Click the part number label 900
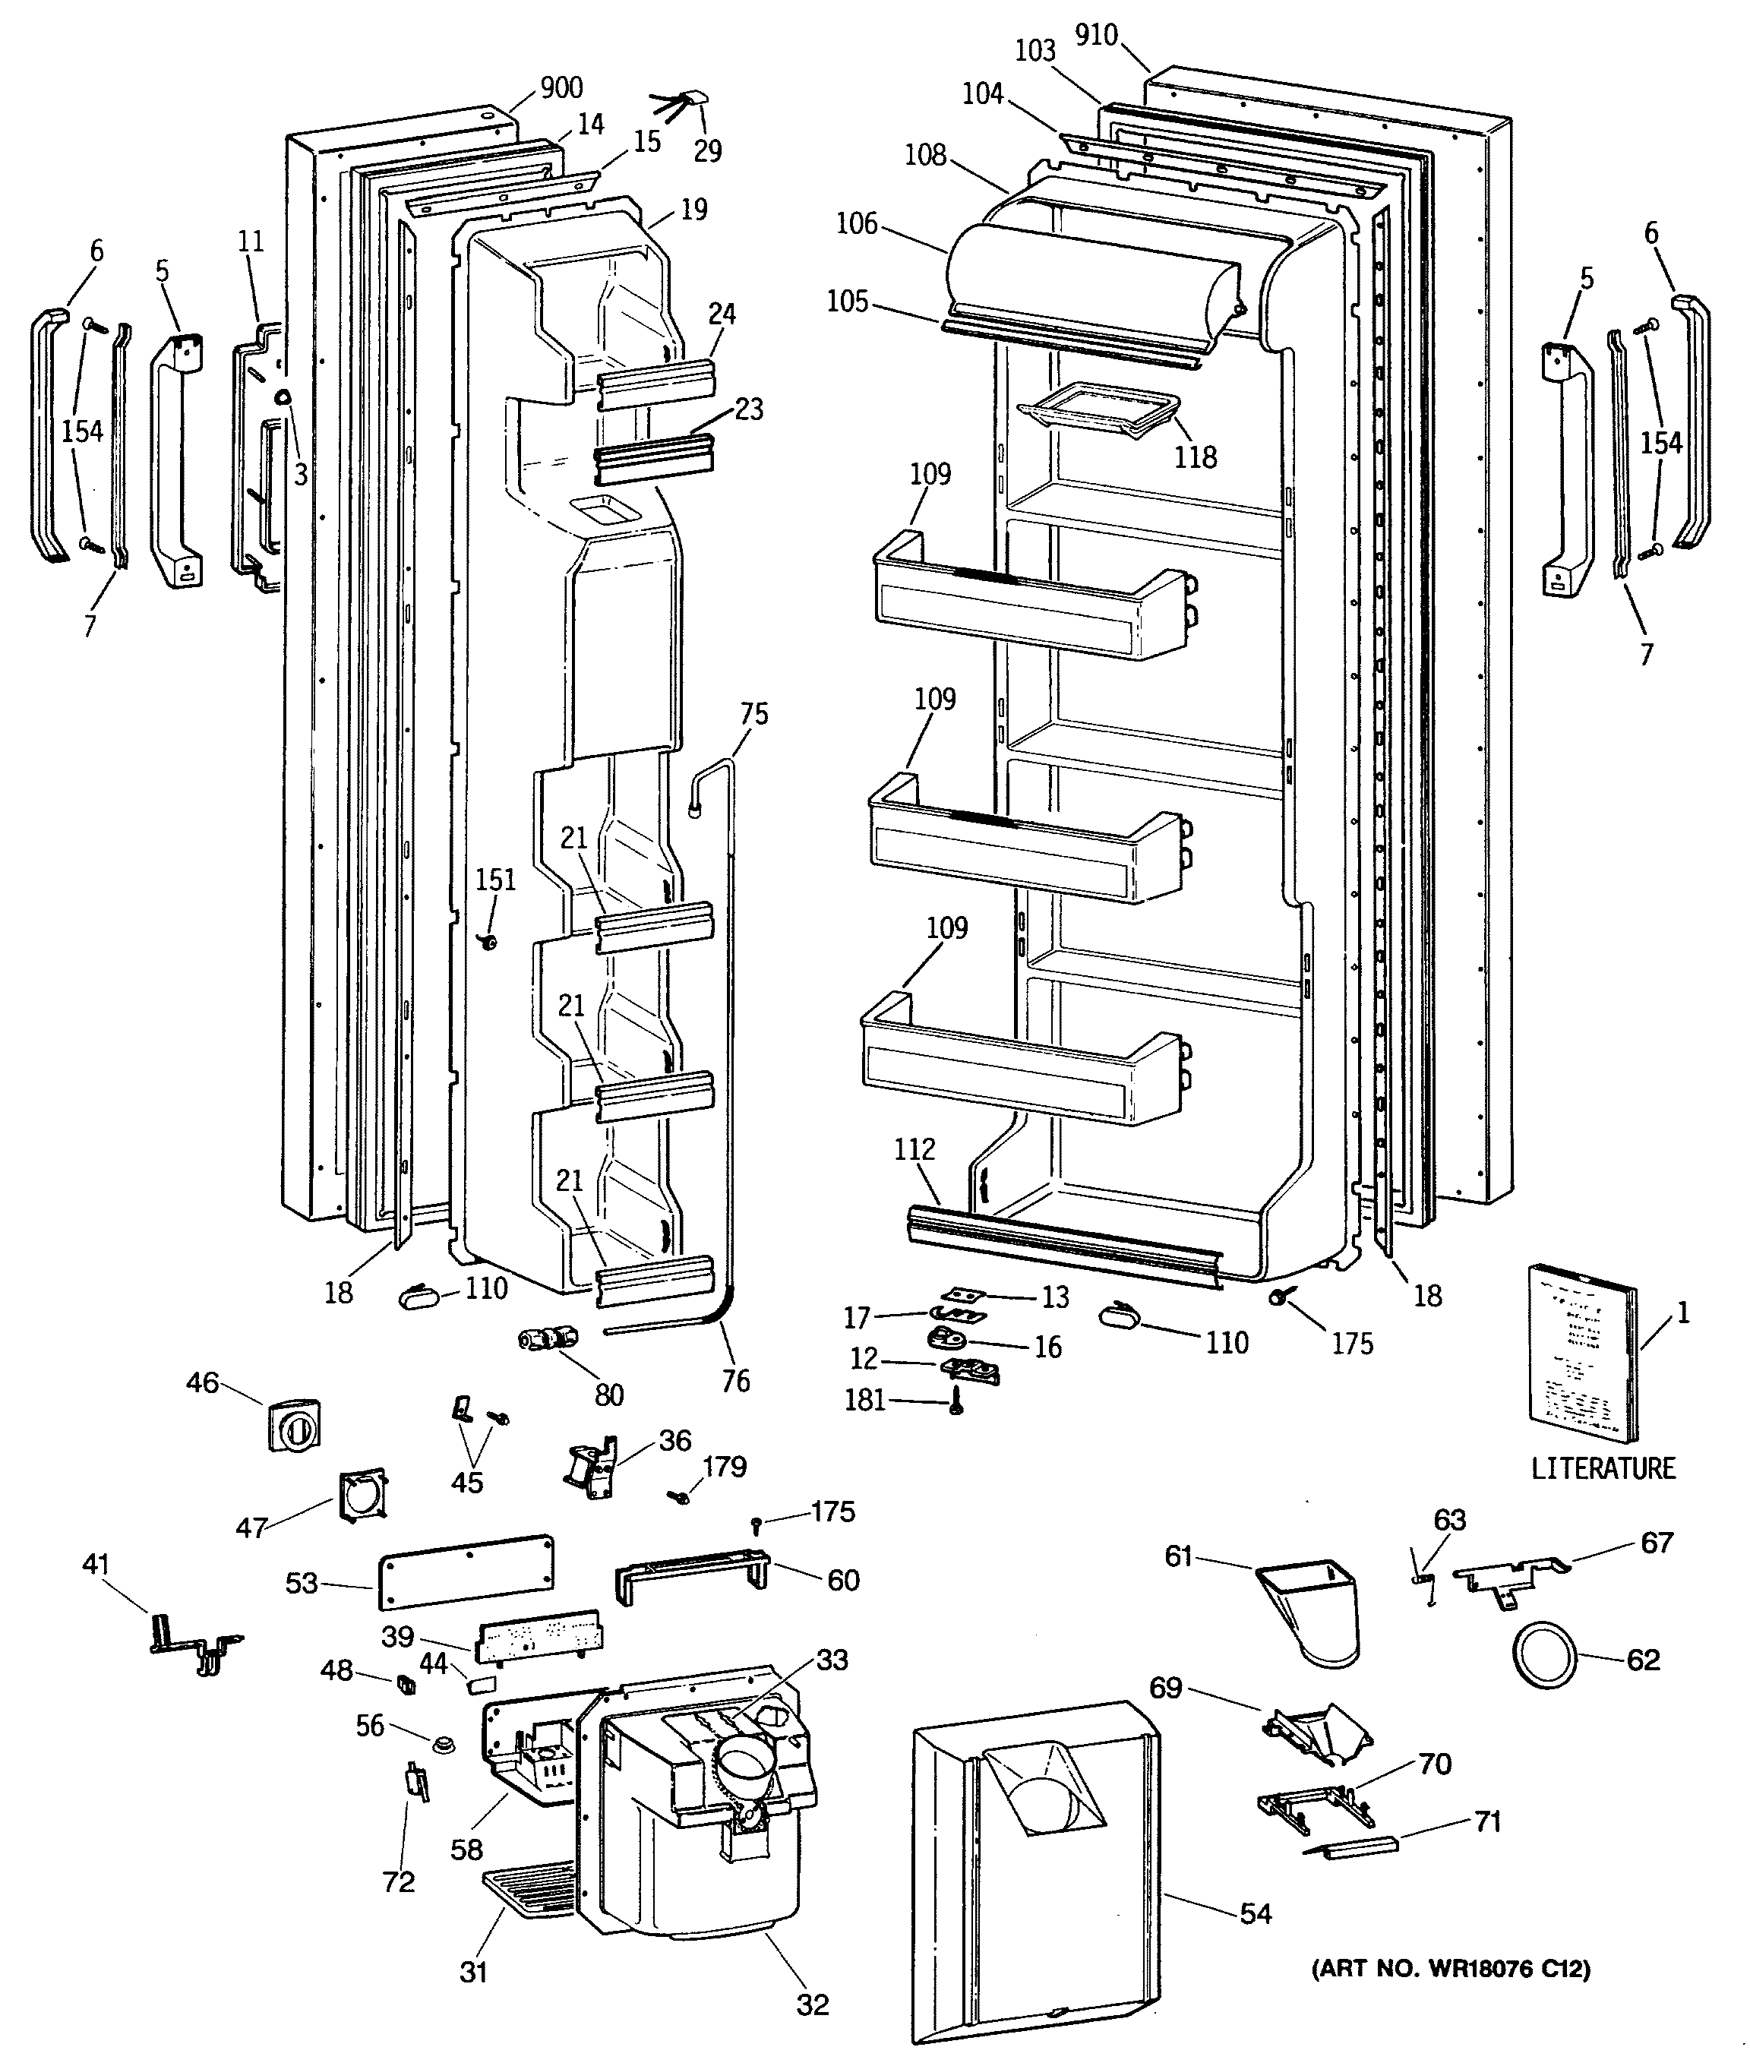click(561, 88)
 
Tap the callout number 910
click(1095, 36)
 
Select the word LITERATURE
click(1603, 1469)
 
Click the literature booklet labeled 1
click(1584, 1357)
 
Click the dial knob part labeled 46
click(294, 1424)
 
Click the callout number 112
click(914, 1148)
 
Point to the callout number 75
click(754, 714)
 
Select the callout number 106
click(857, 223)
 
